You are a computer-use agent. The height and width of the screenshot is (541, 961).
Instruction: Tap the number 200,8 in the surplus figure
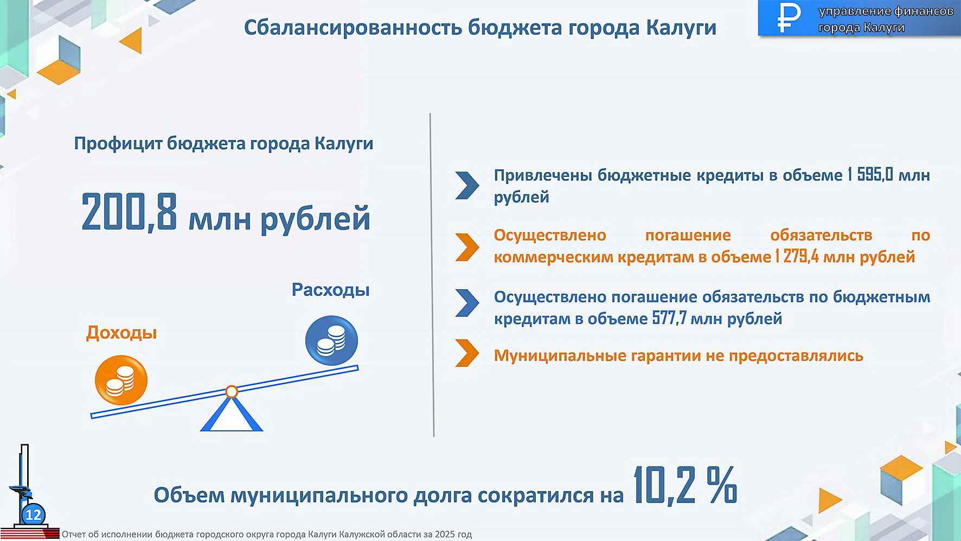[x=129, y=212]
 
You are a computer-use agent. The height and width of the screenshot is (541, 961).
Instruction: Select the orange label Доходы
[x=121, y=332]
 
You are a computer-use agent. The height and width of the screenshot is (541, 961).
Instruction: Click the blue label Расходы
[x=330, y=289]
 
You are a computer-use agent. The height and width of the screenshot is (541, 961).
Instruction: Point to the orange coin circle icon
[x=121, y=380]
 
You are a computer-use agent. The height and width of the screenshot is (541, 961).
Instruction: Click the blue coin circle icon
[x=331, y=341]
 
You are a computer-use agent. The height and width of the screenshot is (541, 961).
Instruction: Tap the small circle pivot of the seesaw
[x=232, y=391]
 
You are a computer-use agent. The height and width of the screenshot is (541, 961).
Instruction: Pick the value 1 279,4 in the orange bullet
[x=797, y=256]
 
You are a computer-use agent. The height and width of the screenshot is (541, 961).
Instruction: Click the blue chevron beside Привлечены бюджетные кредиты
[x=467, y=186]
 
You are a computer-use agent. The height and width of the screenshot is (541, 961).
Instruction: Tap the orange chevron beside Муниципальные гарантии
[x=467, y=353]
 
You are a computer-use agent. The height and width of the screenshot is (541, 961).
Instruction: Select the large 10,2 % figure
[x=685, y=485]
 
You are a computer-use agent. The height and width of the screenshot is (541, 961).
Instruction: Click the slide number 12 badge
[x=33, y=514]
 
